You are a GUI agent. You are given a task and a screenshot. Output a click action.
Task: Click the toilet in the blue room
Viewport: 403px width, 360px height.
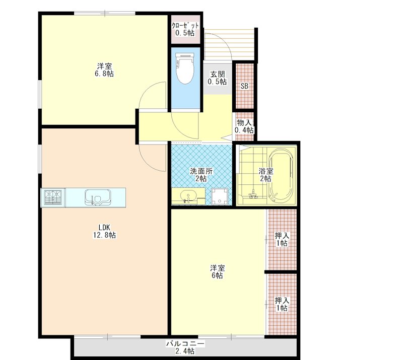coord(185,69)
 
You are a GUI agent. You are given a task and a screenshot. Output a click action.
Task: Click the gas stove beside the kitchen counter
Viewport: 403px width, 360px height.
coord(53,197)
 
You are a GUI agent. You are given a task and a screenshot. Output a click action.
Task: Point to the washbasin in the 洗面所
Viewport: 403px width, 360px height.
coord(186,196)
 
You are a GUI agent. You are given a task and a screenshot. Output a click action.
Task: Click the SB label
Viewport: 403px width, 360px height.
coord(244,86)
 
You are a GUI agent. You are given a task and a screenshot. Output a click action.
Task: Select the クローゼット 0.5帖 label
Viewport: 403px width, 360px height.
coord(185,29)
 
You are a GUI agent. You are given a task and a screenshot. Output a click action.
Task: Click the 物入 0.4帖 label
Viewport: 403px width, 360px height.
coord(244,126)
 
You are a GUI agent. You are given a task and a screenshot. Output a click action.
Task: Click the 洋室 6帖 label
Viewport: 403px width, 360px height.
coord(217,271)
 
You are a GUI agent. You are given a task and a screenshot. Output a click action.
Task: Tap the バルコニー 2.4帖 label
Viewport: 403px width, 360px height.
coord(185,347)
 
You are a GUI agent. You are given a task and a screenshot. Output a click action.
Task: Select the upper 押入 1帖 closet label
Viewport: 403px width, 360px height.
coord(281,239)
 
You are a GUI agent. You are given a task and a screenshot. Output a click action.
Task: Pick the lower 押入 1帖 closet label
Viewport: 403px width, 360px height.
coord(281,304)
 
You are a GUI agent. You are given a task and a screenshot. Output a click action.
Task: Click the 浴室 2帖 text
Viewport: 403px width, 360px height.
coord(265,174)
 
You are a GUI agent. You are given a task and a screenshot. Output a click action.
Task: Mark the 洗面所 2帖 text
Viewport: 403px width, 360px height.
coord(200,174)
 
